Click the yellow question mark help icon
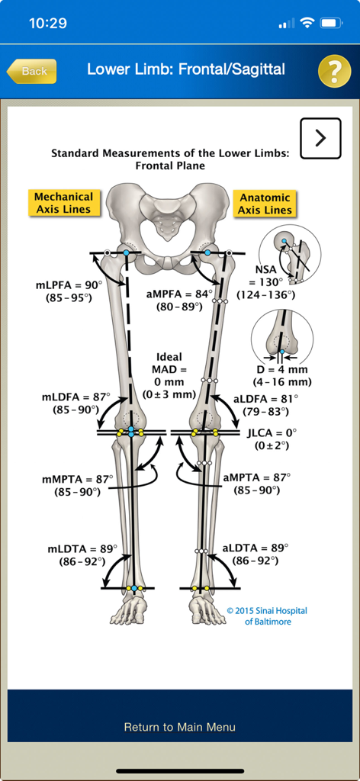coord(334,71)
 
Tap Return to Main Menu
coord(180,727)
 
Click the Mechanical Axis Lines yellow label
coord(63,203)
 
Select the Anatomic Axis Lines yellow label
coord(265,204)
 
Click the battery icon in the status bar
coord(330,23)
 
